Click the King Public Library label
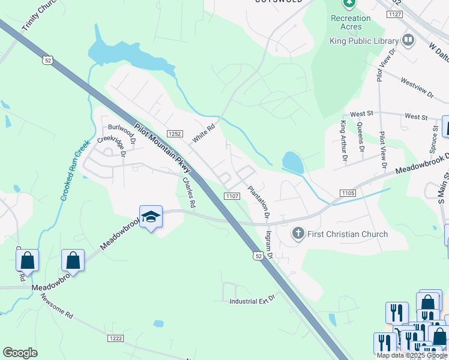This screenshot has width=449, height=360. click(364, 41)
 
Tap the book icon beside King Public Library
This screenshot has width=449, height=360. click(408, 40)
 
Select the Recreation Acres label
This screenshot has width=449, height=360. click(351, 22)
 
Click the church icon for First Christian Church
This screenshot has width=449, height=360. click(298, 233)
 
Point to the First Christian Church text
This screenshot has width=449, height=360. click(348, 234)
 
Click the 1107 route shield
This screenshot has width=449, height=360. click(232, 196)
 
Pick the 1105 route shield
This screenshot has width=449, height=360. click(348, 193)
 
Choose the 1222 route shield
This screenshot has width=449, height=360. click(116, 338)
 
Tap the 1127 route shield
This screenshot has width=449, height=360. click(394, 14)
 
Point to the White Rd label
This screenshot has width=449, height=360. click(203, 134)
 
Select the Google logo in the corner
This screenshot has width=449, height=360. click(20, 353)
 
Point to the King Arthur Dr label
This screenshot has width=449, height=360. click(343, 142)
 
